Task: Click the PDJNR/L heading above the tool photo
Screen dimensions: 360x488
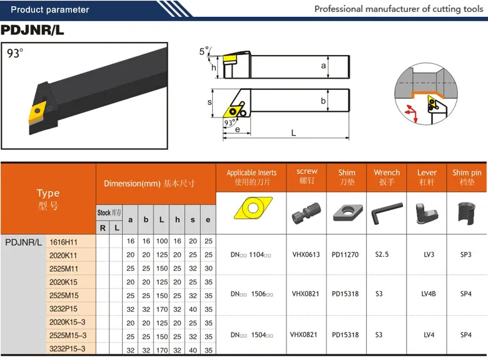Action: pyautogui.click(x=33, y=30)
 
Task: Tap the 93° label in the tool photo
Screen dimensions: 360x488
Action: pyautogui.click(x=14, y=53)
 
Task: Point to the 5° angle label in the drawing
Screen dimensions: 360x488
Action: pyautogui.click(x=205, y=51)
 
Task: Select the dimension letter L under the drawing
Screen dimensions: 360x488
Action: pyautogui.click(x=293, y=133)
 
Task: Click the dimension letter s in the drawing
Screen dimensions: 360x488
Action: pyautogui.click(x=210, y=102)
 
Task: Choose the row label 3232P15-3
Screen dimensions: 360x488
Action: pyautogui.click(x=67, y=349)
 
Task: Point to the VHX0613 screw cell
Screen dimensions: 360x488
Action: pyautogui.click(x=306, y=254)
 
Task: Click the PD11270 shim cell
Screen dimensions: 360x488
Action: pyautogui.click(x=345, y=254)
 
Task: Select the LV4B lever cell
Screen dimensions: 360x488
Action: pyautogui.click(x=429, y=294)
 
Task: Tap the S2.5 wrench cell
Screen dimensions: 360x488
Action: pyautogui.click(x=382, y=254)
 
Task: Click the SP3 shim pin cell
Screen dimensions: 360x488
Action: pyautogui.click(x=466, y=254)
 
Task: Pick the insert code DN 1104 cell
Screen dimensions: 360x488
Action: pyautogui.click(x=251, y=254)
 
